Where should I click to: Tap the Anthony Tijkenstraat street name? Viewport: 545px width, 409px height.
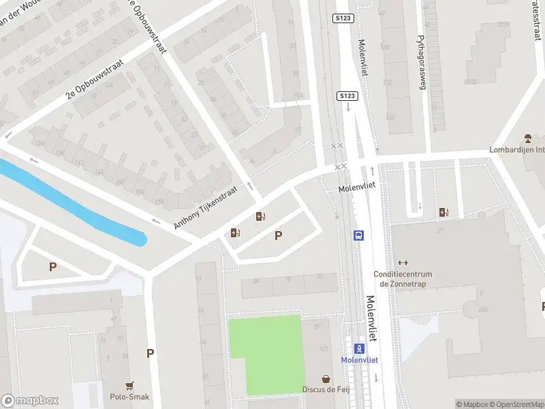(206, 207)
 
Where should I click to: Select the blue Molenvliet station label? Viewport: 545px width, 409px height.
(360, 360)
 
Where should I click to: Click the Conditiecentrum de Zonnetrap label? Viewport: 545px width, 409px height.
(403, 279)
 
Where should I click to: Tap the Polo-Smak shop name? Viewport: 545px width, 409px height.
(129, 397)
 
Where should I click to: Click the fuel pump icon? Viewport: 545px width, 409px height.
(260, 217)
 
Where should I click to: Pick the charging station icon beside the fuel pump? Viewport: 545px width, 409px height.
(236, 233)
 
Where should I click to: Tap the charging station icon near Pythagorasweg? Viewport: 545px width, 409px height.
(444, 212)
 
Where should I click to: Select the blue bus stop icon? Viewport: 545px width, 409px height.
(358, 236)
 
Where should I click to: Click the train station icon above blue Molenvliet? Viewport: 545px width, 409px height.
(360, 348)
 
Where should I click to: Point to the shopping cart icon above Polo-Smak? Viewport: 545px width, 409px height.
(129, 385)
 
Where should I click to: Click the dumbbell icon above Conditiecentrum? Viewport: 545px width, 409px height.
(403, 262)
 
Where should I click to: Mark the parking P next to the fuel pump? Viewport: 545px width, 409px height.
(278, 236)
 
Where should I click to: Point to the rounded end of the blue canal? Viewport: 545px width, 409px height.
(140, 239)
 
